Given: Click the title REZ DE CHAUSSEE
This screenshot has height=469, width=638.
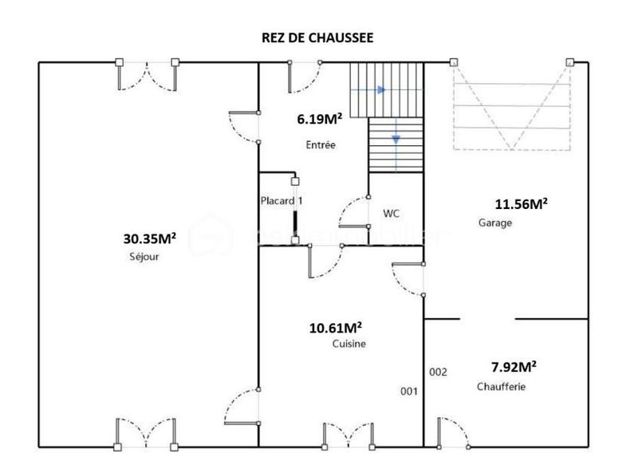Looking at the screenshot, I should pyautogui.click(x=317, y=37).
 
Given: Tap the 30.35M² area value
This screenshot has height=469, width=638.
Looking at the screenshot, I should pyautogui.click(x=150, y=238).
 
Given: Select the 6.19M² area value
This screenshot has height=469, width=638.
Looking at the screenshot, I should pyautogui.click(x=320, y=119).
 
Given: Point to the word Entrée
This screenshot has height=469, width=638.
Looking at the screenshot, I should pyautogui.click(x=321, y=145).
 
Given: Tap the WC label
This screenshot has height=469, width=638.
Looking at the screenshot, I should pyautogui.click(x=391, y=214).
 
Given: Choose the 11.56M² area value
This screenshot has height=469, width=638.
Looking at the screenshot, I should pyautogui.click(x=521, y=204).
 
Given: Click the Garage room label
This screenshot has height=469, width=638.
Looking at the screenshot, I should pyautogui.click(x=494, y=223).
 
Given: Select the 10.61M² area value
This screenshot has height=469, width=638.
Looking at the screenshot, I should pyautogui.click(x=336, y=327).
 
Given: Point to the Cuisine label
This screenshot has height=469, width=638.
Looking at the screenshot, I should pyautogui.click(x=349, y=344).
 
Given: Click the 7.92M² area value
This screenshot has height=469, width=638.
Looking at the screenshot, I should pyautogui.click(x=513, y=367).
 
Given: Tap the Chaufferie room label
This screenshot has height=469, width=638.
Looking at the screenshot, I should pyautogui.click(x=501, y=387).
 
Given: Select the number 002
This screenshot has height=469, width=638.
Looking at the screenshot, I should pyautogui.click(x=439, y=372).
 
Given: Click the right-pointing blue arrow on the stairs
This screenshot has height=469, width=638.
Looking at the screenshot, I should pyautogui.click(x=380, y=90).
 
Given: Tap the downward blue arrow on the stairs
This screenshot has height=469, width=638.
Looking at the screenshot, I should pyautogui.click(x=396, y=140).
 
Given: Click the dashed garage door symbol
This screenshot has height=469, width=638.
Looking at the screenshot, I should pyautogui.click(x=512, y=105).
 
